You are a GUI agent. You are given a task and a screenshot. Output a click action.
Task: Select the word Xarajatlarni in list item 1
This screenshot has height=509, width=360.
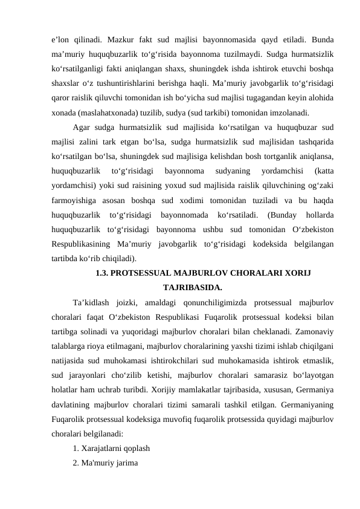tap(103, 449)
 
